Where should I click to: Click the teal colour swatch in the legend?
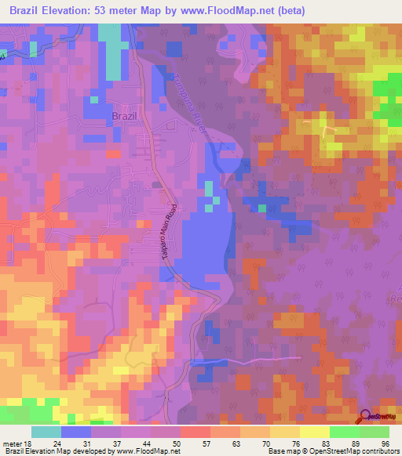[x=46, y=432]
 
